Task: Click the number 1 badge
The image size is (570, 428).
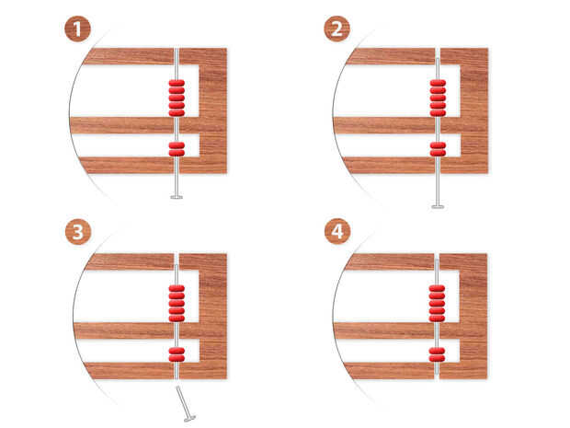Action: click(x=77, y=29)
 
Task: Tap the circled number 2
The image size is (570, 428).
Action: click(x=336, y=29)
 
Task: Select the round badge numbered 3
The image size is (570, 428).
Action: click(x=78, y=231)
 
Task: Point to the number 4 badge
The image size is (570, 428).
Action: click(x=337, y=231)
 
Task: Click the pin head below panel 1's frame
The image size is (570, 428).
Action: click(x=177, y=197)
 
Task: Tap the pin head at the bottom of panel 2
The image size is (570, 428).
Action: click(x=438, y=207)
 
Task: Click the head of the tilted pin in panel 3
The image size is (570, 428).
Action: click(x=189, y=418)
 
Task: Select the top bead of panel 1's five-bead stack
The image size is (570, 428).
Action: click(x=177, y=83)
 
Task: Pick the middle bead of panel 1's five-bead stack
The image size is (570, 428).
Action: click(x=177, y=98)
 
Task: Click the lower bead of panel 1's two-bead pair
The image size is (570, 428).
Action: click(x=177, y=153)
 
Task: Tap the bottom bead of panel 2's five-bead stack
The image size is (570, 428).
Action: click(x=438, y=113)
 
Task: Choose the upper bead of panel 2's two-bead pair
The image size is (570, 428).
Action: click(x=438, y=145)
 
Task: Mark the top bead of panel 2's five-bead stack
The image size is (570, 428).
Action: click(x=438, y=83)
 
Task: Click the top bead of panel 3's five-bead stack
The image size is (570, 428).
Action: click(x=177, y=289)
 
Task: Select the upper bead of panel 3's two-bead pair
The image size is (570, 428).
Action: click(x=177, y=352)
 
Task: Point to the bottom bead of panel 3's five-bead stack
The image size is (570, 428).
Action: click(x=177, y=318)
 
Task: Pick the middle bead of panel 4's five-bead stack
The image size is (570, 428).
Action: click(x=437, y=304)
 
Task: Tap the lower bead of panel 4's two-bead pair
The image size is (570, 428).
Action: click(x=437, y=358)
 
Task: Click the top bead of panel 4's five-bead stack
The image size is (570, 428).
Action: click(x=437, y=289)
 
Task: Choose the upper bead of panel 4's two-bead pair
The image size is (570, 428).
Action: click(x=437, y=352)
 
